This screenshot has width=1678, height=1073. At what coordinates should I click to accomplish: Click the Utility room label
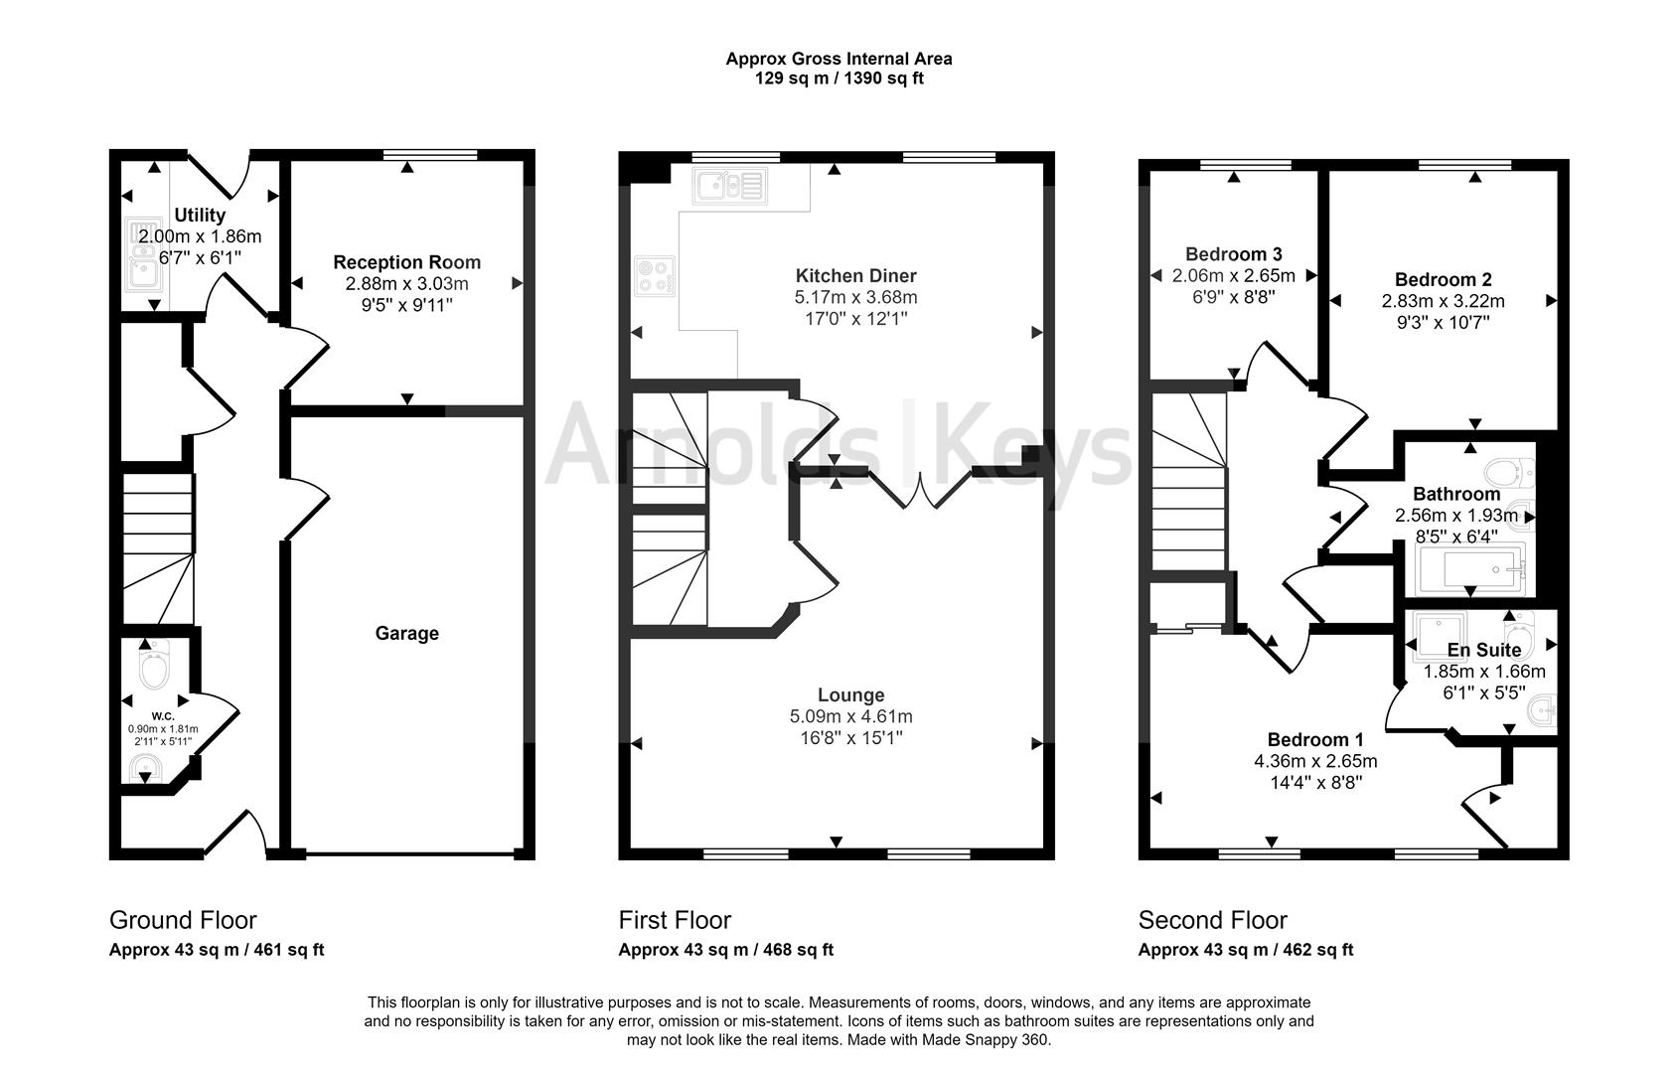tap(200, 215)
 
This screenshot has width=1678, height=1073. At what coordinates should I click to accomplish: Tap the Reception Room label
tap(406, 262)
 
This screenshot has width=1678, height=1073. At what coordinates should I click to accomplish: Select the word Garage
tap(406, 633)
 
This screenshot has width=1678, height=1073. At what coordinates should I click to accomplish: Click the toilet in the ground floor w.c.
tap(154, 667)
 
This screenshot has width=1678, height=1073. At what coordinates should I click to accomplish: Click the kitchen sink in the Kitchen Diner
tap(730, 185)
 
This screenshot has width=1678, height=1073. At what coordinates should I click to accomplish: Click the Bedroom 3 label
tap(1233, 254)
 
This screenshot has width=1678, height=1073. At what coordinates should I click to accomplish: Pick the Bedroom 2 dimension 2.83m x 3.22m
tap(1443, 301)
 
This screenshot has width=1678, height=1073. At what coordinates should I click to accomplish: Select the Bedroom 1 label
tap(1314, 739)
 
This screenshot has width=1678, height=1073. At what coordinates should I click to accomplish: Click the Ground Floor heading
tap(183, 920)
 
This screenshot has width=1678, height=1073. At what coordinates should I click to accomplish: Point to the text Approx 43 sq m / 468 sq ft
tap(725, 950)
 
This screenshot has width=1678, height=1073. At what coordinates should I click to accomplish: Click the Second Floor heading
tap(1212, 920)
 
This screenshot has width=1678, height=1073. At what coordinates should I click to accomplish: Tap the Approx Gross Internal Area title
tap(839, 59)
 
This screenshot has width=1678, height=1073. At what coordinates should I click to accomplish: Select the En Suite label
tap(1483, 650)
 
